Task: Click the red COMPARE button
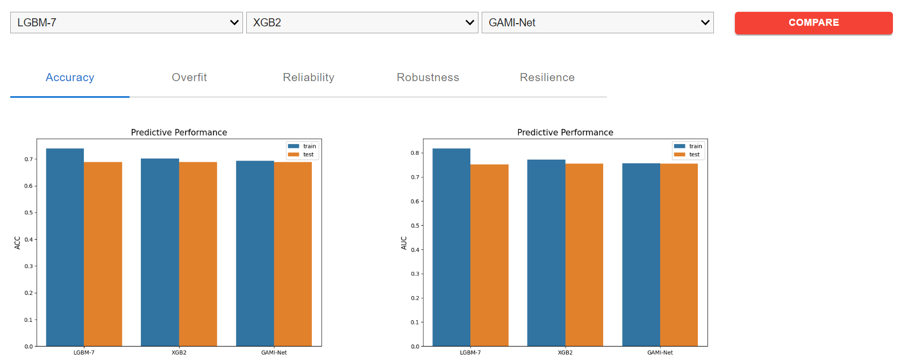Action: click(813, 23)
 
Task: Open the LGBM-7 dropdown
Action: click(126, 23)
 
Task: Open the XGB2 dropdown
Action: click(362, 23)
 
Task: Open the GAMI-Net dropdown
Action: click(597, 23)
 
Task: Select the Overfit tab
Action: click(189, 77)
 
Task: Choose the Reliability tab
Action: click(309, 77)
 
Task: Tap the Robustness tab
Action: click(428, 77)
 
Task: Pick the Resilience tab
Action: click(547, 77)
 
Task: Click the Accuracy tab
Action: click(70, 77)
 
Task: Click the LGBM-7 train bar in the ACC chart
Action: click(65, 247)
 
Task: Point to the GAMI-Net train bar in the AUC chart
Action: click(641, 255)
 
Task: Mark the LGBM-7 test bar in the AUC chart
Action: click(489, 255)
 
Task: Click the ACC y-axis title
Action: click(17, 243)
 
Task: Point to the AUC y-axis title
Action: click(404, 243)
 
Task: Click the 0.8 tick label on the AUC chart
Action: click(414, 153)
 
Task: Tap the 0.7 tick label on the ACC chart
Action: click(28, 160)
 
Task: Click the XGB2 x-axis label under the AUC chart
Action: click(565, 352)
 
